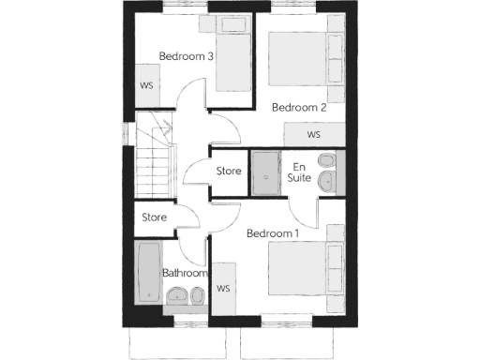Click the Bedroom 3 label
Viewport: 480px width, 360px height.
point(187,56)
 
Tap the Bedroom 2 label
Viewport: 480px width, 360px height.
point(299,108)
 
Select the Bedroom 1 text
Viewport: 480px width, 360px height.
point(273,233)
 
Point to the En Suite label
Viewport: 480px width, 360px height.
point(299,172)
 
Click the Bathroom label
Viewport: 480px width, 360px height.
point(185,273)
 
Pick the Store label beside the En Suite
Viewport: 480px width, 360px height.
point(230,172)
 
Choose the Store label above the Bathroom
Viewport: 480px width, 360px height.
point(154,217)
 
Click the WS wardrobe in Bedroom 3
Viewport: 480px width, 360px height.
point(147,85)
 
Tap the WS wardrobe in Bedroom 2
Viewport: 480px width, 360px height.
point(313,134)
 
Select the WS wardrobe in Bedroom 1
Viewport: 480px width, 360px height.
point(223,289)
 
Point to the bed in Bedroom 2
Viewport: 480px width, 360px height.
point(306,59)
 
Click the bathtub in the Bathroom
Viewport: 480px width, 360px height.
point(148,272)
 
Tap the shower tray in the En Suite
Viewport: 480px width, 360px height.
point(265,173)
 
